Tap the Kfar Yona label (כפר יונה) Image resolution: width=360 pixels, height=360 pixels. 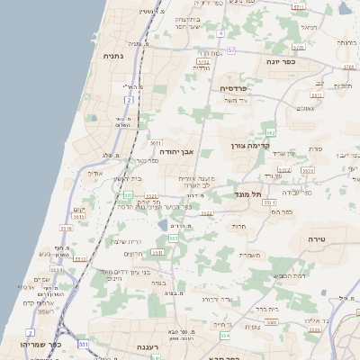281,61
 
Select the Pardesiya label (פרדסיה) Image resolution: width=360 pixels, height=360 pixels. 238,87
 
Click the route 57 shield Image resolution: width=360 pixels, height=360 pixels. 230,50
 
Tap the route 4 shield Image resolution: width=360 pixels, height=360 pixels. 220,33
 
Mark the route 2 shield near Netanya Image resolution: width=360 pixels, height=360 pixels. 129,100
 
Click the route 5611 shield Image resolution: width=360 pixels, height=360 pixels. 155,142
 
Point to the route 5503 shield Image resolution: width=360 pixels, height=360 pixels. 307,169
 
